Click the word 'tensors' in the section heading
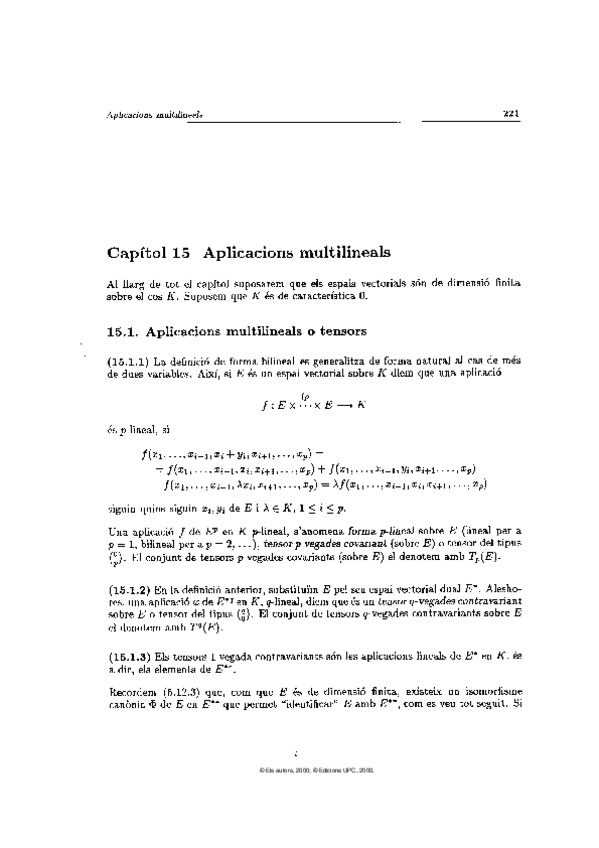[339, 329]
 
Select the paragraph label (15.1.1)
[128, 358]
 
